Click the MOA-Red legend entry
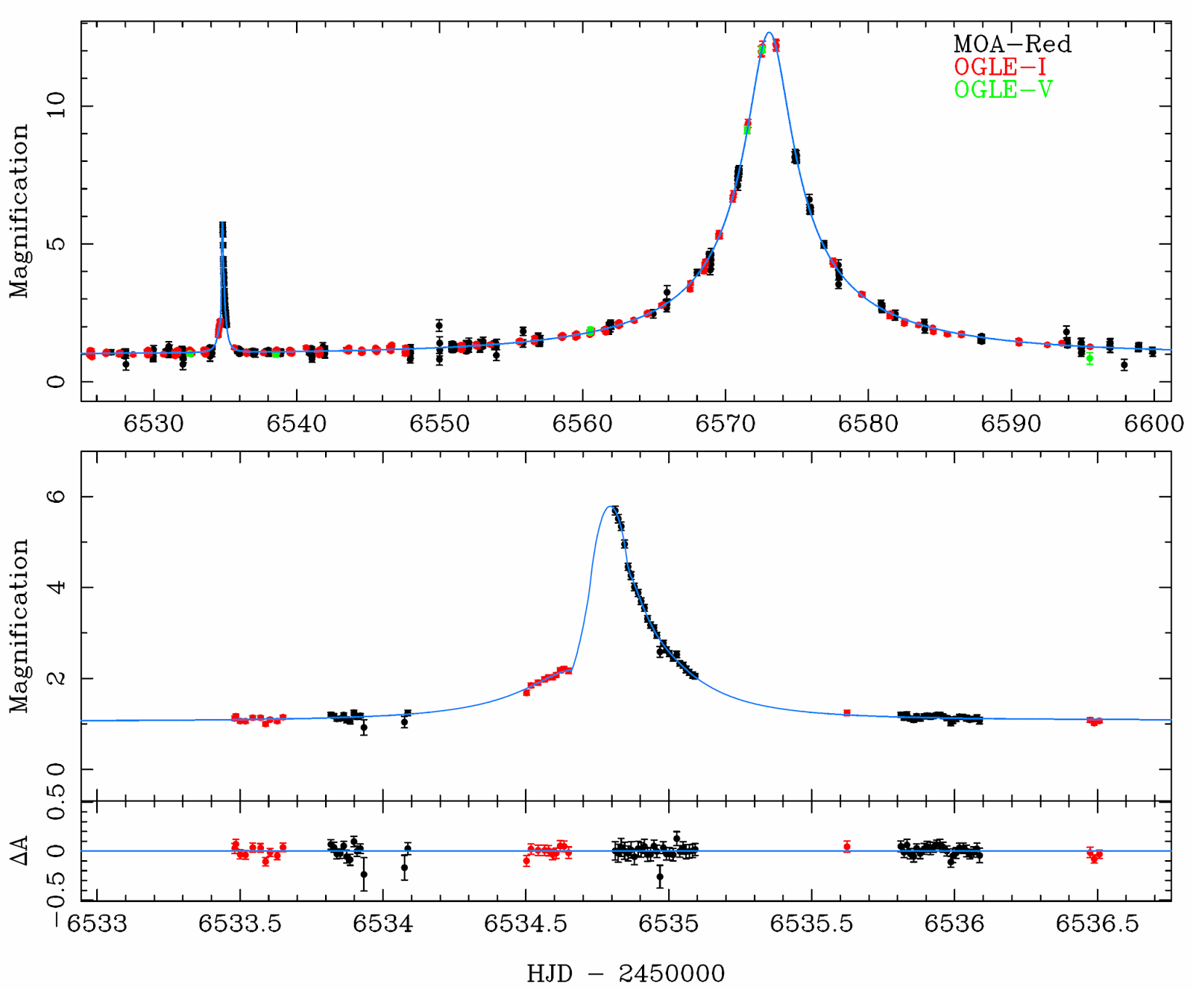coord(1012,44)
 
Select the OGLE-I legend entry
coord(1000,67)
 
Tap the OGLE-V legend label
coord(1003,90)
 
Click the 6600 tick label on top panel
coord(1154,424)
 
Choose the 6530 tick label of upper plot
coord(154,424)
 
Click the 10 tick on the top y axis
coord(57,106)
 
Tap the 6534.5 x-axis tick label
coord(526,924)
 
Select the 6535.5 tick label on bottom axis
coord(811,924)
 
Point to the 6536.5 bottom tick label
coord(1097,924)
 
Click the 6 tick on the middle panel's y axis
coord(57,496)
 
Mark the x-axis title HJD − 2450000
coord(626,974)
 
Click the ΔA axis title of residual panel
coord(19,851)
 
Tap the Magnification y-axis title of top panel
coord(19,211)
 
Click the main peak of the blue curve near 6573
coord(769,33)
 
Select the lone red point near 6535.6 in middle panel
coord(846,712)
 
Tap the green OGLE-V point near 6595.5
coord(1089,358)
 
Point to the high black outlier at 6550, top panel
coord(439,325)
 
